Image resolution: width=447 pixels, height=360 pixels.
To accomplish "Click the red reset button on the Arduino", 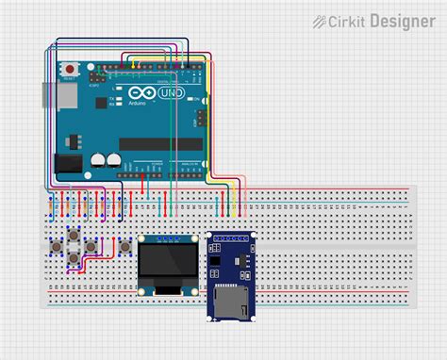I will pyautogui.click(x=69, y=70).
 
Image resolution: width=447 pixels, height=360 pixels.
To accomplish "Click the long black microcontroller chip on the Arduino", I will pyautogui.click(x=160, y=143).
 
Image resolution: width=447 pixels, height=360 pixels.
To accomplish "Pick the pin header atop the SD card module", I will pyautogui.click(x=232, y=235).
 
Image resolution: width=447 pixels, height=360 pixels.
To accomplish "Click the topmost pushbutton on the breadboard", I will pyautogui.click(x=71, y=233).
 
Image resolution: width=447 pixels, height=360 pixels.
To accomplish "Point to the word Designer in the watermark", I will pyautogui.click(x=402, y=21).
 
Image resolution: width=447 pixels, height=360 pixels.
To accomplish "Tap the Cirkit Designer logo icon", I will pyautogui.click(x=320, y=21).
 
